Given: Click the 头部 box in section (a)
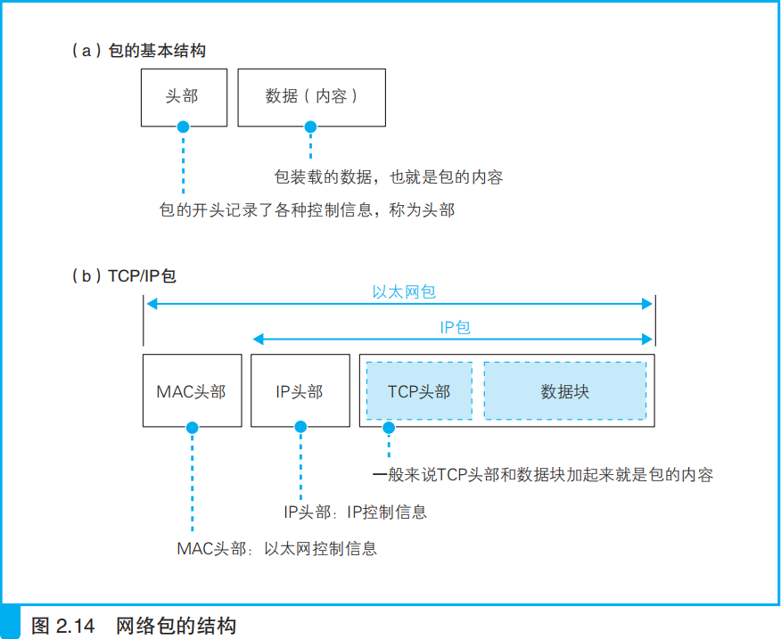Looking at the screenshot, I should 183,96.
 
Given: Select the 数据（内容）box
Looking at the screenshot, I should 311,96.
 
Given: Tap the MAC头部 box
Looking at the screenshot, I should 192,391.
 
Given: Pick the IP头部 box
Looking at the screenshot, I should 300,391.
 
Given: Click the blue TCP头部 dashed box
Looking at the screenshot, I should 419,391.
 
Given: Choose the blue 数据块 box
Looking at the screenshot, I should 564,391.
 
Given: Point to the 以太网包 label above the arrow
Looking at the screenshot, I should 403,291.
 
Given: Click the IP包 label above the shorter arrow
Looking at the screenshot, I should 455,327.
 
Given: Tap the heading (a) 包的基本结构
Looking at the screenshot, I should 138,51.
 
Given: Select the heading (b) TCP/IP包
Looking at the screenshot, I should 124,275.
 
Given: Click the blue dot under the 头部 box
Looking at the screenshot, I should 183,126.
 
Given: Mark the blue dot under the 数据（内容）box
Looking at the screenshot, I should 310,126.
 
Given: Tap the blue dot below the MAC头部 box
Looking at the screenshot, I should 192,428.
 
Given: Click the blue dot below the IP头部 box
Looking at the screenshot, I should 300,428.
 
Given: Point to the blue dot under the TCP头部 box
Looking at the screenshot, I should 388,428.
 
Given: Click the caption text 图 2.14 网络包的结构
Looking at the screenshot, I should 134,625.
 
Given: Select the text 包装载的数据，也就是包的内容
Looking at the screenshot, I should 389,176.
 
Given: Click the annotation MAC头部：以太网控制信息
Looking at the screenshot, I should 276,548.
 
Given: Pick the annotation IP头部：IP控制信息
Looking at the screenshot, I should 355,512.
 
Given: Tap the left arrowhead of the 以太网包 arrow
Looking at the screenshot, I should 151,304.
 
